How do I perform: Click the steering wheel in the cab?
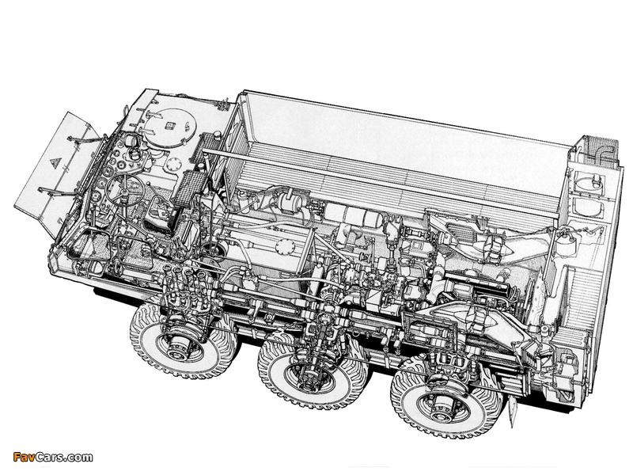tap(122, 189)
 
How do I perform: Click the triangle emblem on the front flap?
tap(55, 163)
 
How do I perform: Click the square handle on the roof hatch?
tap(169, 125)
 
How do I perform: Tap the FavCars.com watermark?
tap(53, 457)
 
